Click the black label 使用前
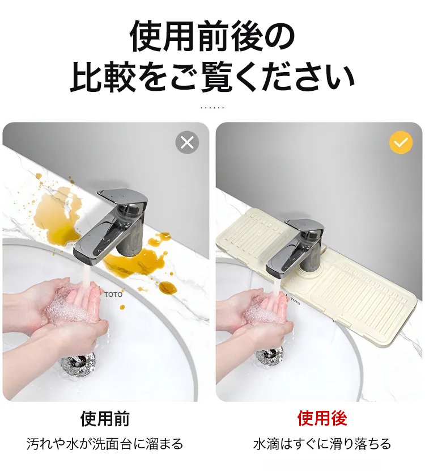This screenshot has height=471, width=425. pos(105,419)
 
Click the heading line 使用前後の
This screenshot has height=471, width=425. pos(212,37)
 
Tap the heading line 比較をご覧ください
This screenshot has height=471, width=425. pos(212,78)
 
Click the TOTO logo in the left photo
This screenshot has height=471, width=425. pos(113,295)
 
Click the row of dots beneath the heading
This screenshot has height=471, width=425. pos(212,107)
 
